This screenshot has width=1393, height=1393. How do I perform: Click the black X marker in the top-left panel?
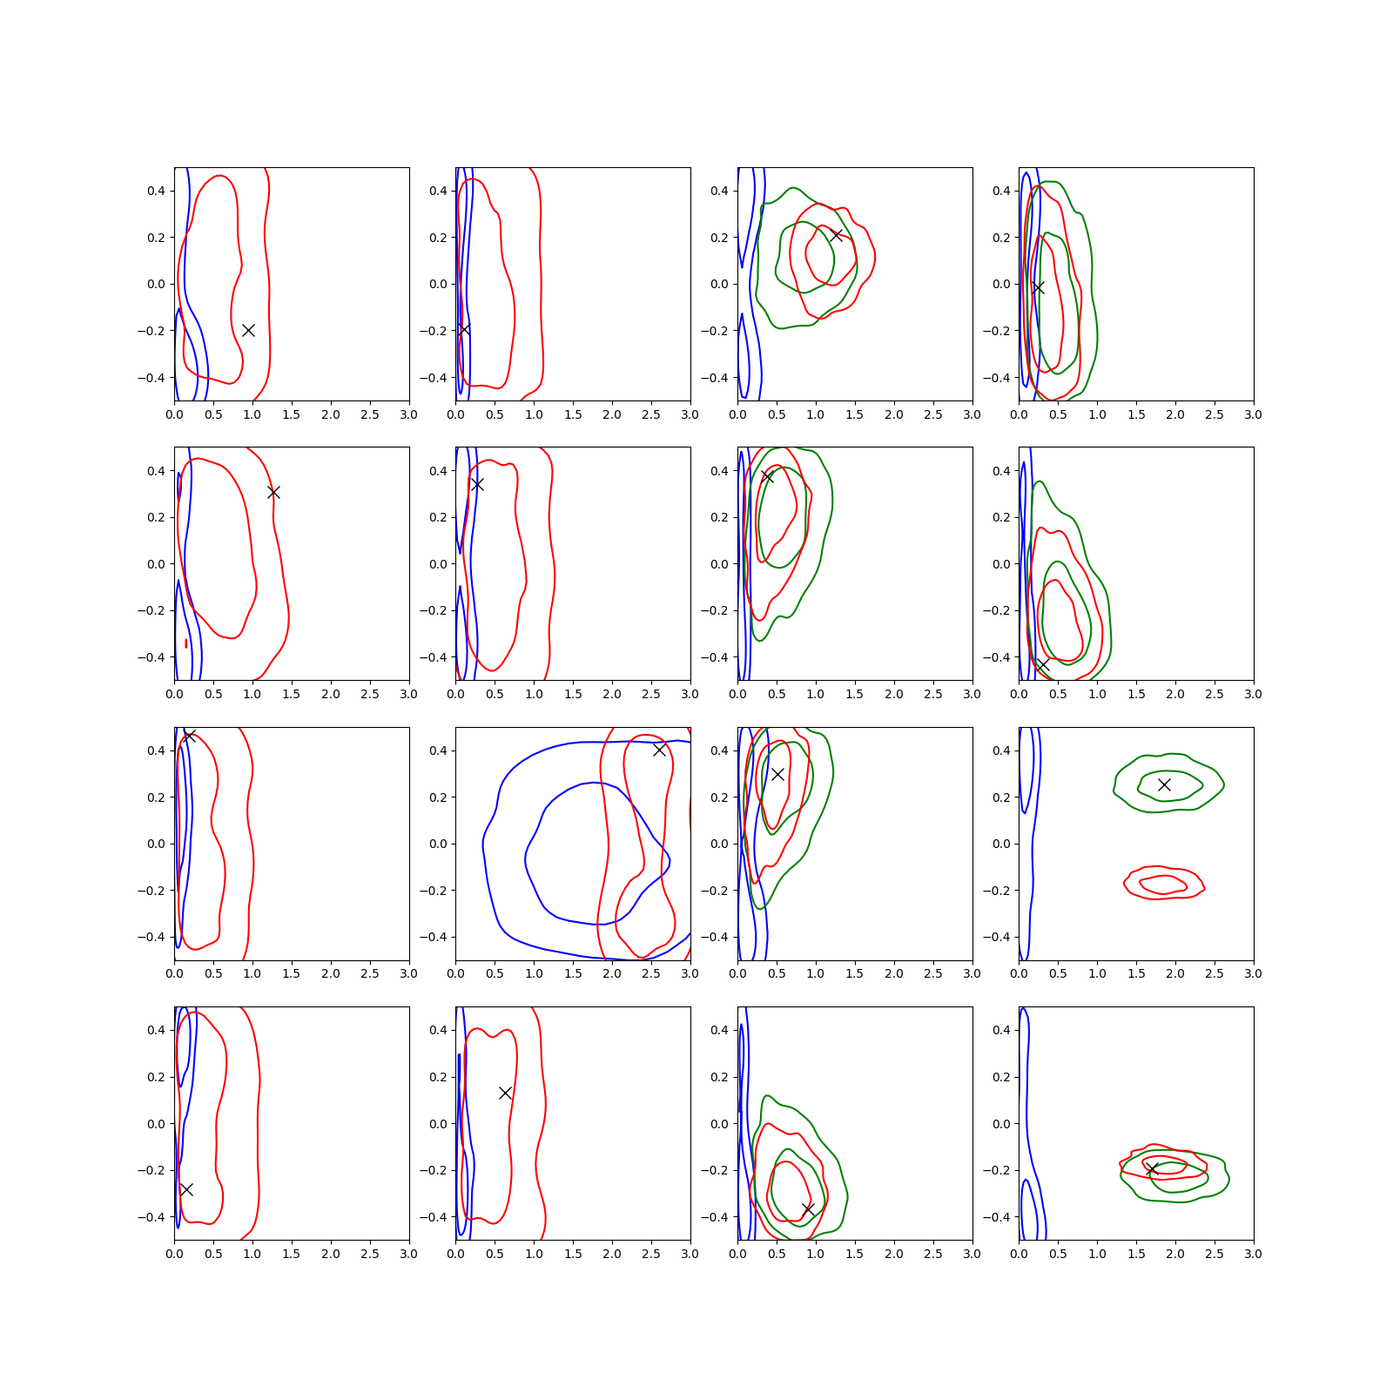[248, 330]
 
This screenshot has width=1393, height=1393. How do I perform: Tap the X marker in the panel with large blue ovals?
[659, 750]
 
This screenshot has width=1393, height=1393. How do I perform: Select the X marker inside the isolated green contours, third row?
[1164, 784]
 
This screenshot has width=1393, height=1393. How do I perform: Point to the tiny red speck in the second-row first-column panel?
[186, 643]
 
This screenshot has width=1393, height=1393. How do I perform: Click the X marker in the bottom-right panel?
[1152, 1169]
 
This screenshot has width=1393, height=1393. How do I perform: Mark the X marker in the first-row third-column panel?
[836, 235]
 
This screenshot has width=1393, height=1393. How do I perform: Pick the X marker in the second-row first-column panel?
[273, 492]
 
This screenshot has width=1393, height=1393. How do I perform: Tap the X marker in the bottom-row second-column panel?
[505, 1093]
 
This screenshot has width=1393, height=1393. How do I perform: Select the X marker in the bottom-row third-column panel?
[808, 1209]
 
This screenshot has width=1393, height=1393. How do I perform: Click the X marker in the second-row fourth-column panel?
[1042, 665]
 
